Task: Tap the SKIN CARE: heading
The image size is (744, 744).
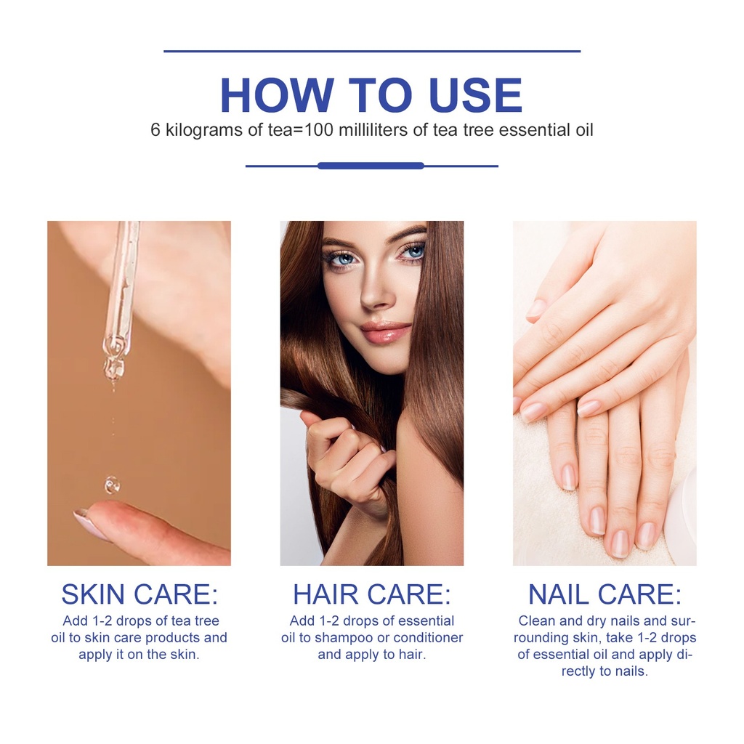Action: pos(139,594)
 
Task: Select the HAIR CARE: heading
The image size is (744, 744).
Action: pos(372,594)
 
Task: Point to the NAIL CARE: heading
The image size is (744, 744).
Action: pos(604,594)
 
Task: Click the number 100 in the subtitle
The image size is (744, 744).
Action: pos(319,130)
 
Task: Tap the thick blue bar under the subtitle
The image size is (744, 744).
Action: pos(371,166)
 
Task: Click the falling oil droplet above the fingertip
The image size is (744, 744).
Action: pos(112,485)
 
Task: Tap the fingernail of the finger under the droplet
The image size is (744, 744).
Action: pos(90,524)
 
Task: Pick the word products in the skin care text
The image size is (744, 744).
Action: pos(173,638)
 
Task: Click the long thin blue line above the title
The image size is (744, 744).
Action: pos(372,51)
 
